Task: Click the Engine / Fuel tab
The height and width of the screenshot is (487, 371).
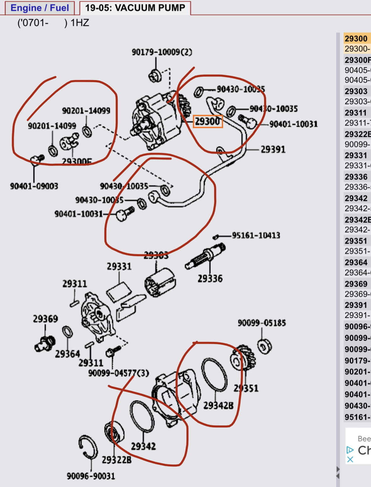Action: tap(40, 8)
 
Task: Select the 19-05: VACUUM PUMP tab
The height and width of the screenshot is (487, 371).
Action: tap(135, 8)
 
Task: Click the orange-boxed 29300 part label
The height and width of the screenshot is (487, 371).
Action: tap(208, 121)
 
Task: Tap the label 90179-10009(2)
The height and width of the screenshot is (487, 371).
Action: tap(162, 52)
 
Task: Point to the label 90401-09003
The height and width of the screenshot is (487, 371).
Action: tap(34, 186)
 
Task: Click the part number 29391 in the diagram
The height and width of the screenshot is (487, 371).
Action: tap(273, 149)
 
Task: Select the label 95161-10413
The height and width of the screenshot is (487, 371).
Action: tap(256, 235)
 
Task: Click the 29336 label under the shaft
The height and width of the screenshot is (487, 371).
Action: tap(210, 278)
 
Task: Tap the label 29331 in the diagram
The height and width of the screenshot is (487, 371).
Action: tap(119, 266)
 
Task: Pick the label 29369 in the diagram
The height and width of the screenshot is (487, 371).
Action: tap(46, 319)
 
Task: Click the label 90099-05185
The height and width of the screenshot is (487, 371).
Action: tap(262, 323)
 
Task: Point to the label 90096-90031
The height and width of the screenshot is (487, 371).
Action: tap(91, 476)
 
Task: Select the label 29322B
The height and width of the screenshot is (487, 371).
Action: tap(116, 460)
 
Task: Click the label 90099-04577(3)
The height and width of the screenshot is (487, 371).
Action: tap(119, 373)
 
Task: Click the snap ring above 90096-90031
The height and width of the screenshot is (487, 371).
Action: tap(88, 447)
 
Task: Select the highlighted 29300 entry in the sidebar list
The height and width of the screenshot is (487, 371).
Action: tap(357, 39)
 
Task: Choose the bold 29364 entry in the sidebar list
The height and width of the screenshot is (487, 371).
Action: tap(356, 262)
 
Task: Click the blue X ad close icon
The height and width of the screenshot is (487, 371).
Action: tap(350, 459)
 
